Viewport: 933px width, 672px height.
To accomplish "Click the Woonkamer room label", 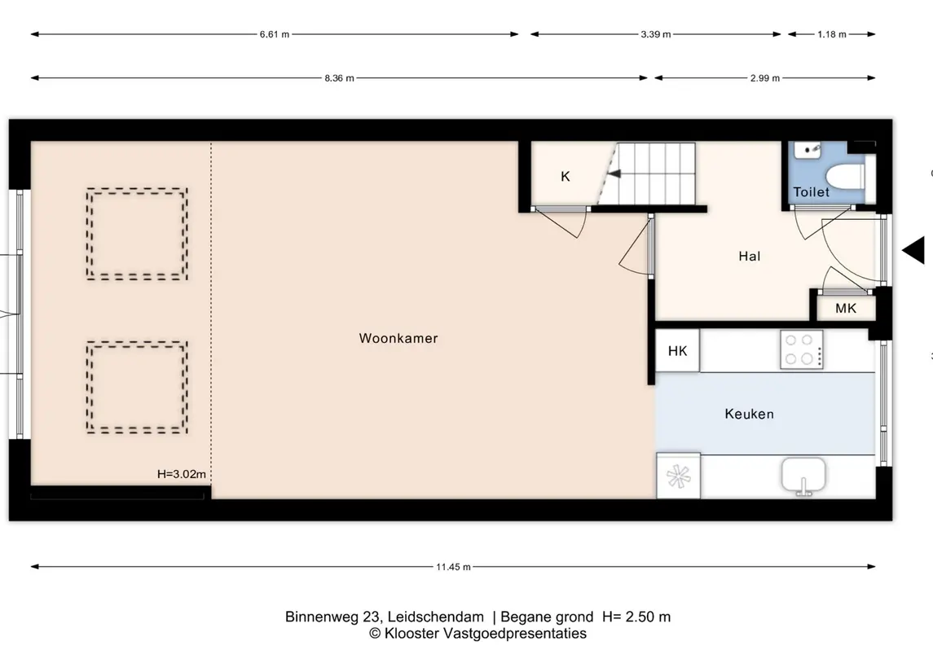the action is click(398, 338).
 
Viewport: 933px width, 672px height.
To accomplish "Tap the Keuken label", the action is click(749, 414).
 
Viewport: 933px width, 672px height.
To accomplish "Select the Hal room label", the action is click(749, 257).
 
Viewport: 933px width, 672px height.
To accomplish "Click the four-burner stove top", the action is click(802, 349).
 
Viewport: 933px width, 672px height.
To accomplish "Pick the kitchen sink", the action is click(803, 475).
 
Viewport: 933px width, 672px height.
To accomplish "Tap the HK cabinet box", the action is click(677, 351).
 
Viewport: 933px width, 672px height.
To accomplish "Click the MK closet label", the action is click(846, 308).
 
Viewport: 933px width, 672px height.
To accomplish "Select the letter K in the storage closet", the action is click(566, 176).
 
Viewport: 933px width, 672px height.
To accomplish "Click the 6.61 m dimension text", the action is click(275, 34).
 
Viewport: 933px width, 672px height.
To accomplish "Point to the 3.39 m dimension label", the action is click(656, 34).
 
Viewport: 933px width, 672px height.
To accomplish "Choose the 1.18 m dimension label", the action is click(832, 34).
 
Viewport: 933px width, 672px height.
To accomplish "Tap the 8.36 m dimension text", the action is click(339, 78).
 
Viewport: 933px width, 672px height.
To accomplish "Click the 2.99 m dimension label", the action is click(765, 78).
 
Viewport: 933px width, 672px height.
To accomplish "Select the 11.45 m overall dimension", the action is click(453, 567).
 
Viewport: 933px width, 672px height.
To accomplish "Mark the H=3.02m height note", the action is click(182, 474).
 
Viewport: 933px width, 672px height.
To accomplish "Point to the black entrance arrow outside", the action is click(913, 250).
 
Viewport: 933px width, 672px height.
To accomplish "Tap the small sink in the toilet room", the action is click(808, 150).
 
